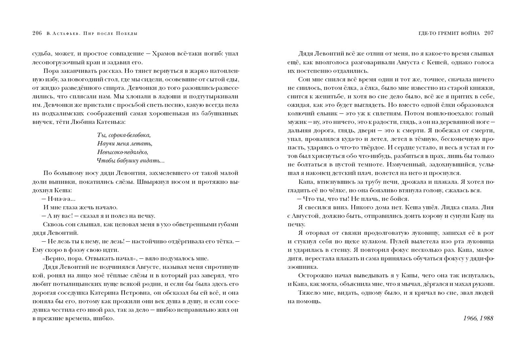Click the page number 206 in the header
(x=37, y=33)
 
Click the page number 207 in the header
(x=489, y=33)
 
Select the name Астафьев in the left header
(x=65, y=33)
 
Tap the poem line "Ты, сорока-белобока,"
(x=123, y=135)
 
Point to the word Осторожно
(x=314, y=275)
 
